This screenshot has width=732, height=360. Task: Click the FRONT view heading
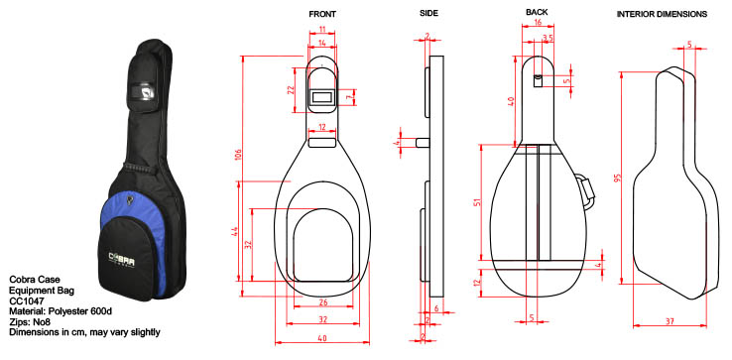coord(322,14)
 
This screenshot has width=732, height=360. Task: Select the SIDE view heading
coord(428,14)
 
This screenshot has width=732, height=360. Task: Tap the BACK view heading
coord(537,12)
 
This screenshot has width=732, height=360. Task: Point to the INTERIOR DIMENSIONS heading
coord(662,14)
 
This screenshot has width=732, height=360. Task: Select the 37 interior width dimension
coord(670,321)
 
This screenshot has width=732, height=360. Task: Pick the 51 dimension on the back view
coord(475,202)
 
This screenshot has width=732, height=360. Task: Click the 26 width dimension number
coord(323,302)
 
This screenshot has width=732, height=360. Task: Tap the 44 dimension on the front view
coord(235,232)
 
